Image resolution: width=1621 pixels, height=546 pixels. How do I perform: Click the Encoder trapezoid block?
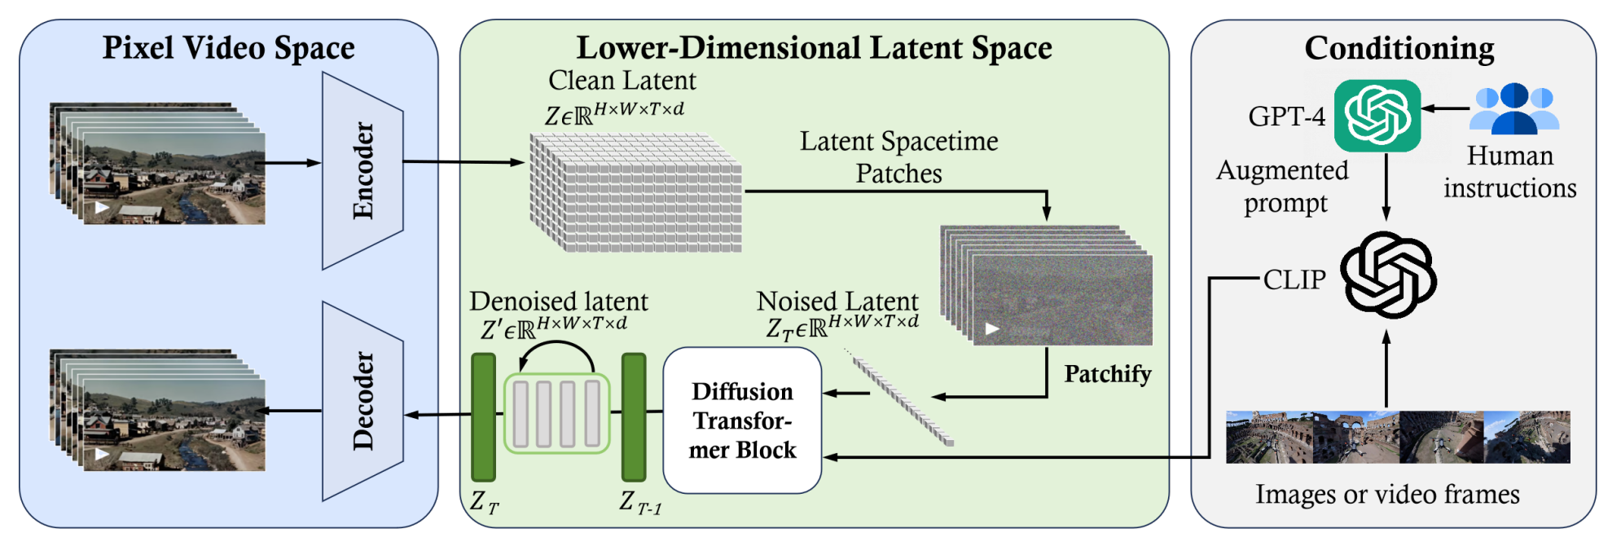(x=362, y=170)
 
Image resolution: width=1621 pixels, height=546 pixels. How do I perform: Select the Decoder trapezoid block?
(x=362, y=401)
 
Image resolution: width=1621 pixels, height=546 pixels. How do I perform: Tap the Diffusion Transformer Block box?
(x=742, y=421)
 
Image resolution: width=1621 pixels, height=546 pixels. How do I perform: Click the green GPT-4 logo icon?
(x=1377, y=116)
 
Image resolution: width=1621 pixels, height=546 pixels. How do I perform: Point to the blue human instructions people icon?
(x=1514, y=108)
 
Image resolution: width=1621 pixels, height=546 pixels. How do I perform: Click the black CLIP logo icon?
(x=1388, y=275)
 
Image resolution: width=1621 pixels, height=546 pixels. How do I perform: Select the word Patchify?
(x=1107, y=374)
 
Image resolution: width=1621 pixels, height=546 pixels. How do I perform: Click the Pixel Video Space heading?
(x=228, y=47)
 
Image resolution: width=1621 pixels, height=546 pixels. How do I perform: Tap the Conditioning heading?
(x=1399, y=48)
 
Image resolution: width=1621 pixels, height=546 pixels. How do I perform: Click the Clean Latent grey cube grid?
(x=636, y=193)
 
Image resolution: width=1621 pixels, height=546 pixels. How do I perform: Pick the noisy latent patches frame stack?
(x=1047, y=285)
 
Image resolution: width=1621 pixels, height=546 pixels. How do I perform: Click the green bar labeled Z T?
(x=483, y=417)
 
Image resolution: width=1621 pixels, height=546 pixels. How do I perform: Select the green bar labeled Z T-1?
(x=634, y=417)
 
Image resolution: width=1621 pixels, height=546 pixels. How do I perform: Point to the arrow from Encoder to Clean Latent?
(x=463, y=162)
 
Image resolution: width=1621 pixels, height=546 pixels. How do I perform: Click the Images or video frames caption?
(x=1387, y=495)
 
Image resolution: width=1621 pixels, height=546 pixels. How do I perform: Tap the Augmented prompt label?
(x=1284, y=187)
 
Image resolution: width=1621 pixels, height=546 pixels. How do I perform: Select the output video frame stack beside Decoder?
(x=159, y=411)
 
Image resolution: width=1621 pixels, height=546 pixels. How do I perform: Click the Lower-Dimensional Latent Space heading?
(x=814, y=48)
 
